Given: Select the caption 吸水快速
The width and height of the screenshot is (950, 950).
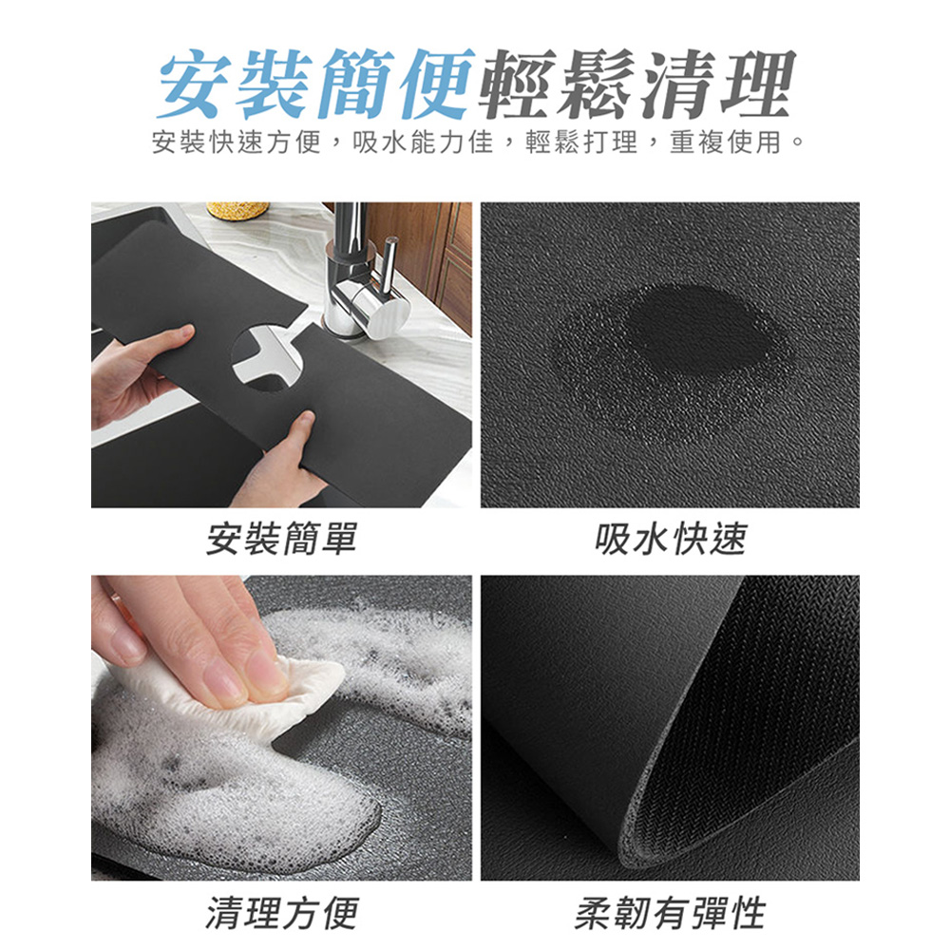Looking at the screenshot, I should (x=670, y=539).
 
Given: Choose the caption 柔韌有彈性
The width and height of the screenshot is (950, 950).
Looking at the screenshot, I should (x=670, y=913).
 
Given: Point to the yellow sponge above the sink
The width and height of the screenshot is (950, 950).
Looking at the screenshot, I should (x=237, y=210).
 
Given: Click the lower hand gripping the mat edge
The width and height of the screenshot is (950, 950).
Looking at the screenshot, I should (x=280, y=465).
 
